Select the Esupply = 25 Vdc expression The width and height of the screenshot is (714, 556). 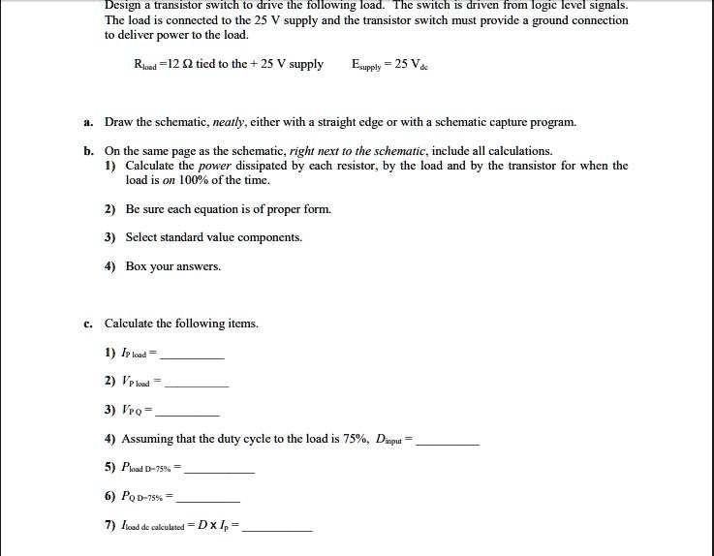pos(391,65)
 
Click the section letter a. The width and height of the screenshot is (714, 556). pos(87,123)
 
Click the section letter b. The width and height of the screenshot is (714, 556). pos(87,151)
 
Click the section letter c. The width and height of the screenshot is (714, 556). pos(87,324)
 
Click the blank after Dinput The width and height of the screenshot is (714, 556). pos(447,441)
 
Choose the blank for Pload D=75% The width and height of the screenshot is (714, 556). pos(219,470)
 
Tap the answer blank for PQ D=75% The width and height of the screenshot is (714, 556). pos(207,499)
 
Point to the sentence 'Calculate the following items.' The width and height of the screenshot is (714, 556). pos(181,324)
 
